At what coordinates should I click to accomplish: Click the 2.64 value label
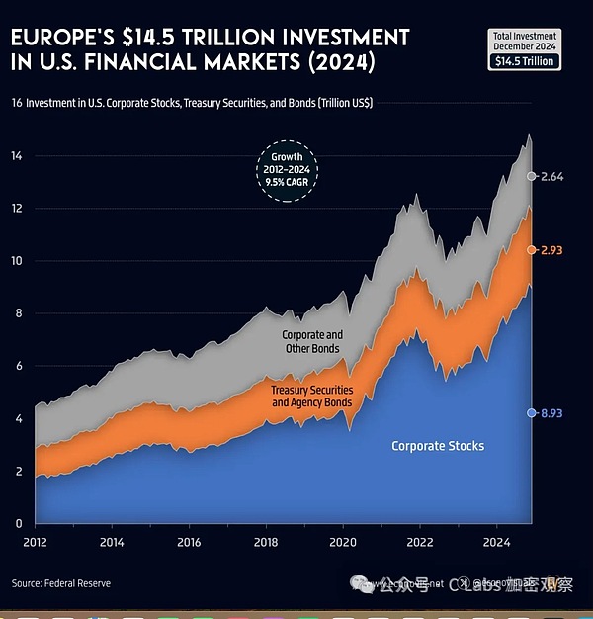(551, 176)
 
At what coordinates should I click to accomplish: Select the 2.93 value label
(551, 250)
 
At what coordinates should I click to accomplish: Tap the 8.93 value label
(551, 412)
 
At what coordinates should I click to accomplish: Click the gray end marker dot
(532, 176)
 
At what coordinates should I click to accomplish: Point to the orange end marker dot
(532, 250)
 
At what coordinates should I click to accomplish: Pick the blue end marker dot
(532, 412)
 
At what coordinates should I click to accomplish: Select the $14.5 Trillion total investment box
(526, 60)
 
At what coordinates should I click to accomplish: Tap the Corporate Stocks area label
(438, 446)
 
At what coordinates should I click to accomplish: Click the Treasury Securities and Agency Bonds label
(311, 396)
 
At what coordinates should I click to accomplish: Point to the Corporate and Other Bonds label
(312, 342)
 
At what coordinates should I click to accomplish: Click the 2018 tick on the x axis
(266, 542)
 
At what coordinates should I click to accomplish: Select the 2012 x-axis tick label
(35, 542)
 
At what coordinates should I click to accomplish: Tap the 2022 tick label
(420, 542)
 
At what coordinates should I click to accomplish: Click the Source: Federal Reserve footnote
(61, 583)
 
